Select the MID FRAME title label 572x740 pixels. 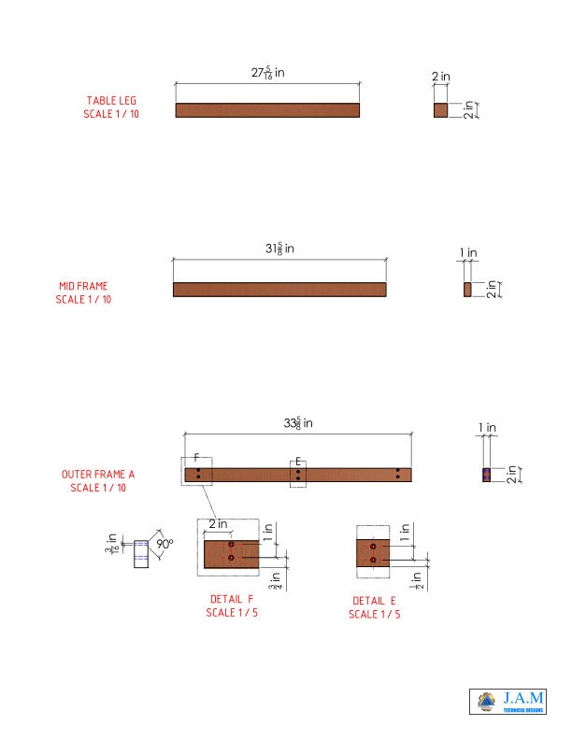tap(83, 292)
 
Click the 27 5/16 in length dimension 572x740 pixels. tap(267, 73)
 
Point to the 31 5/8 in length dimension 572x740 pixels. tap(279, 249)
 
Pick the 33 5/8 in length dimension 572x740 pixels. tap(298, 423)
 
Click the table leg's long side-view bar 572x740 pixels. tap(267, 110)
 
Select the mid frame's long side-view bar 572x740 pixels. tap(279, 290)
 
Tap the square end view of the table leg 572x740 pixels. tap(441, 110)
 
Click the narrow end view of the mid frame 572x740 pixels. tap(467, 290)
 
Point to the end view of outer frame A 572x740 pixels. tap(486, 475)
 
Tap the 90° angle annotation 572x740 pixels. tap(165, 543)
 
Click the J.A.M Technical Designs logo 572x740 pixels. tap(508, 702)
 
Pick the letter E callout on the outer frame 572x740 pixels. tap(297, 461)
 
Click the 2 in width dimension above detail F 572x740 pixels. tap(218, 524)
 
